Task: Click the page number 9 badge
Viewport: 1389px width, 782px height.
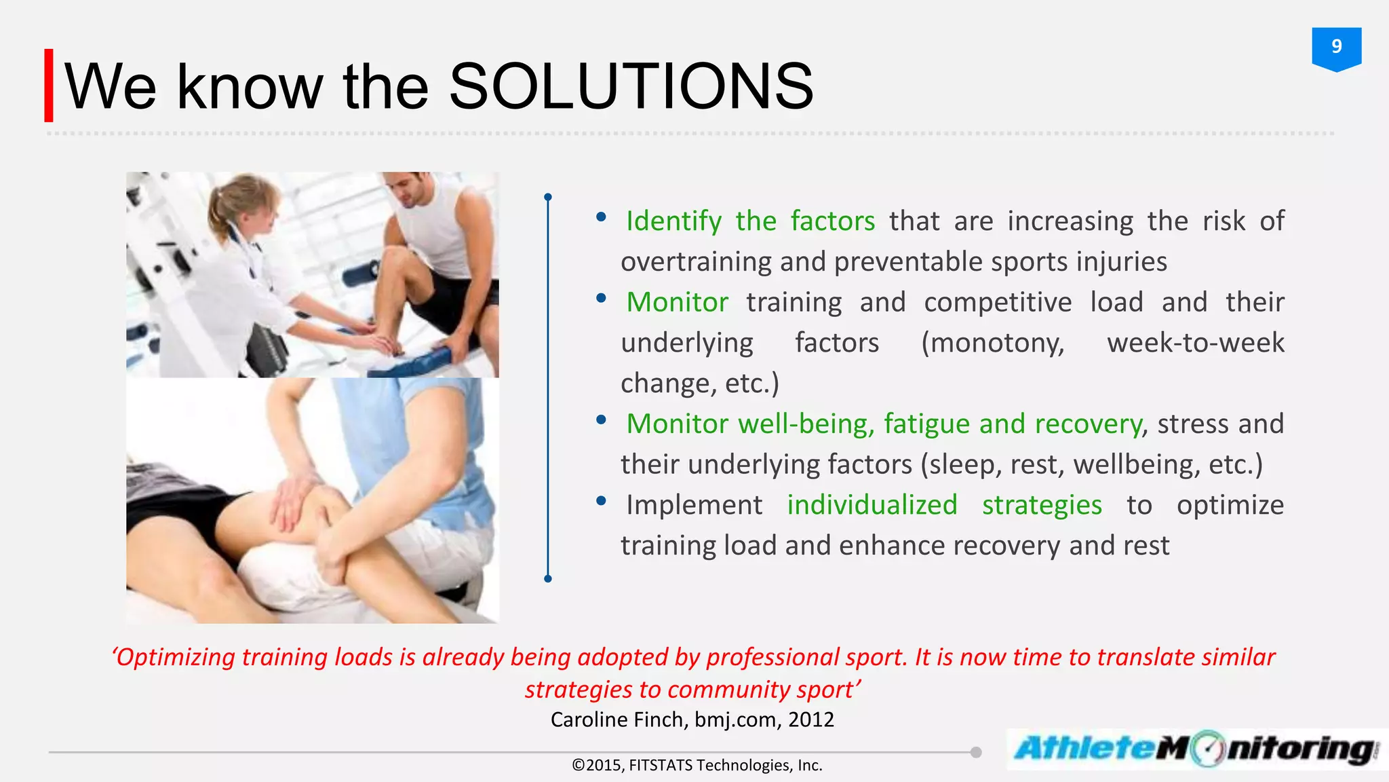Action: pos(1336,48)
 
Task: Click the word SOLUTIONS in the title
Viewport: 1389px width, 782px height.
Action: pos(631,86)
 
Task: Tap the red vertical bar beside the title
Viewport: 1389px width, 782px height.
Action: pos(49,86)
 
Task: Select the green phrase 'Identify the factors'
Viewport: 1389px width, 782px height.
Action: pos(750,221)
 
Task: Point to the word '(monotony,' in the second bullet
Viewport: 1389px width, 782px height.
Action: pos(992,343)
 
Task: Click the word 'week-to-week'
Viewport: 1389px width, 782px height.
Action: pos(1195,343)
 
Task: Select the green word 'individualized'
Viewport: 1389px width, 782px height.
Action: pos(872,505)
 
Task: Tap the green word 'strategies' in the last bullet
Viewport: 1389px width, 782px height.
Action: pos(1042,505)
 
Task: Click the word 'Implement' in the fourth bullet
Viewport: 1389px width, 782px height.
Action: pos(694,505)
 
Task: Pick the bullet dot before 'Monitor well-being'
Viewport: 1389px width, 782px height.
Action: pos(601,420)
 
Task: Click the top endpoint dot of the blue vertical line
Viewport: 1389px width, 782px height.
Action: pos(548,198)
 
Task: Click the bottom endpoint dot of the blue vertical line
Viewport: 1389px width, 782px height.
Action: pos(548,578)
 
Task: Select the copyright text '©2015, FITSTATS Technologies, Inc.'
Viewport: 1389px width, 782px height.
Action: pos(697,765)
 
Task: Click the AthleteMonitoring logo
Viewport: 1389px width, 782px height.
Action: pos(1195,749)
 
